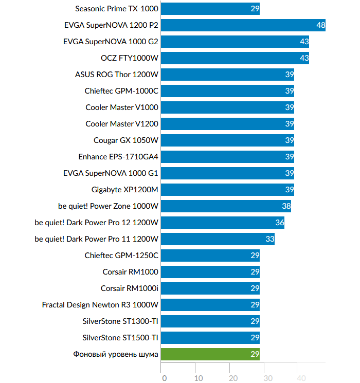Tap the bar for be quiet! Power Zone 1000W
coord(226,206)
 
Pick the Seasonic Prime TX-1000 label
coord(117,9)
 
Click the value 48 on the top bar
coord(320,25)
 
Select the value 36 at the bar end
coord(279,223)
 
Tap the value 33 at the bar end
coord(269,239)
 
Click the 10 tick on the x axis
coord(199,378)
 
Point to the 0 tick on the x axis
coord(164,378)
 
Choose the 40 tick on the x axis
coord(301,378)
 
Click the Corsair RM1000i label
coord(130,288)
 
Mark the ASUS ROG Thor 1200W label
coord(117,75)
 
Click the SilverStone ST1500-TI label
coord(120,338)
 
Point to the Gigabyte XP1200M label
coord(125,190)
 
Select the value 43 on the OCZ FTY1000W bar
coord(304,58)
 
